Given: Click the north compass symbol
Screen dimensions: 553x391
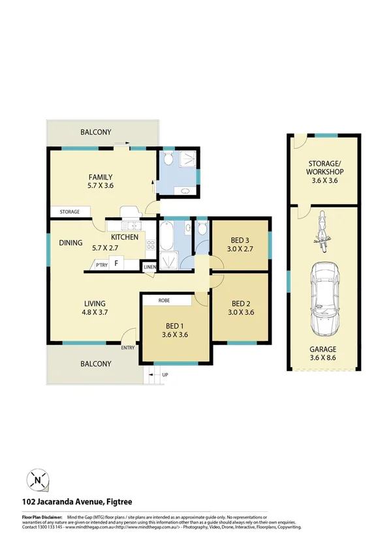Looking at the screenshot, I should (x=38, y=481).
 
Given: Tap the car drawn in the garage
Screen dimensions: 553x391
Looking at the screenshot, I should (x=324, y=297).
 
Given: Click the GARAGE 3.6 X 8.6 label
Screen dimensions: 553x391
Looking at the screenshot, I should (x=324, y=353).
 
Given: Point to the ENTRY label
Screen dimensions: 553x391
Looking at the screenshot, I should (x=128, y=348).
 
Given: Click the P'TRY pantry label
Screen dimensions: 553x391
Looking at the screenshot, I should (x=101, y=265).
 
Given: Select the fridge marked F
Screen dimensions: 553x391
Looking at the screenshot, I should (x=117, y=264).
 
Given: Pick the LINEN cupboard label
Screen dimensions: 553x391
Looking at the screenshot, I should (x=149, y=267).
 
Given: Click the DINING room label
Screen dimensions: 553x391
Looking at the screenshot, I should (x=70, y=243).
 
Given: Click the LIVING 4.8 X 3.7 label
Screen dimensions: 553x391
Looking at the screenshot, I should (x=95, y=308).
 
